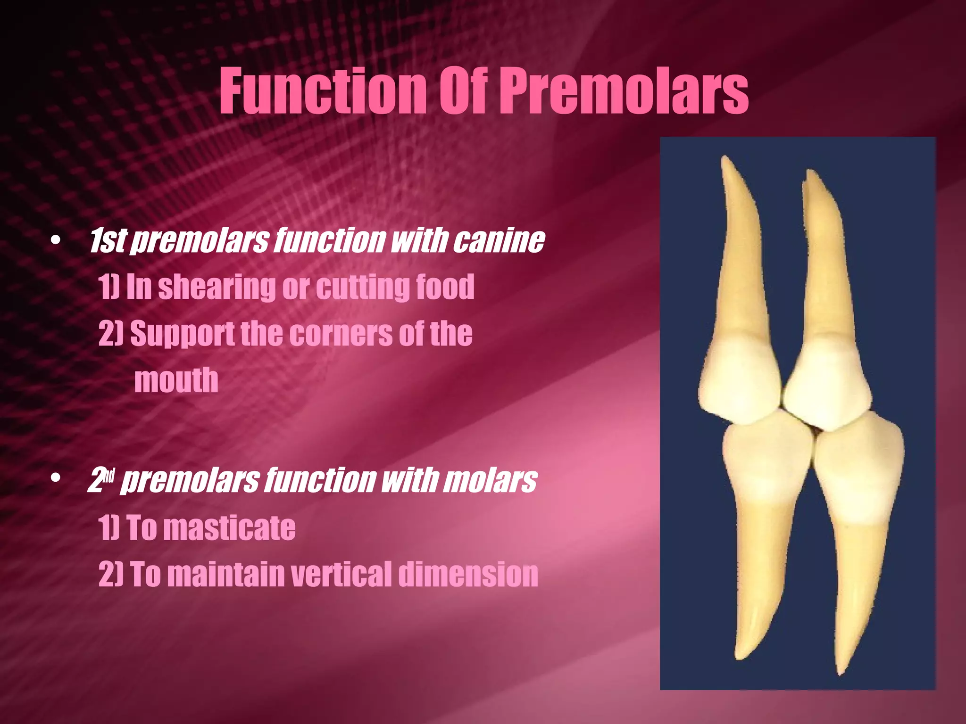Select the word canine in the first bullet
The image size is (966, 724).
pos(499,241)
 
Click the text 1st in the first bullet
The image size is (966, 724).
pos(107,241)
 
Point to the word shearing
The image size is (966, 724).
pos(217,287)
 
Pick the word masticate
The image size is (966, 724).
pos(232,527)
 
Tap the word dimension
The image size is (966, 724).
pos(468,574)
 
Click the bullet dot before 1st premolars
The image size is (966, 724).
pos(56,241)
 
